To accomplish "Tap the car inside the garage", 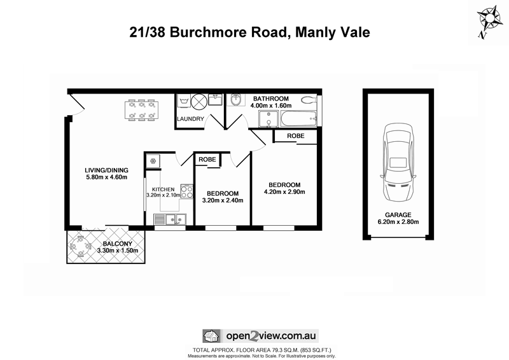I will (397, 162).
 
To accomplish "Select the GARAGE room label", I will (398, 215).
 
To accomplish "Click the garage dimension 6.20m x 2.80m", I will (398, 223).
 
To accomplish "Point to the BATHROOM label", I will (271, 99).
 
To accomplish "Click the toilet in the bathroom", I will (309, 99).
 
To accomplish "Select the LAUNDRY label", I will (191, 119).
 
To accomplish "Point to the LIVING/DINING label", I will (107, 170).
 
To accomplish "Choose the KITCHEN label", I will (163, 189).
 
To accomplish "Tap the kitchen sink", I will (173, 219).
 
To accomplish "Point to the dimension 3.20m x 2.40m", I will (223, 201).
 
